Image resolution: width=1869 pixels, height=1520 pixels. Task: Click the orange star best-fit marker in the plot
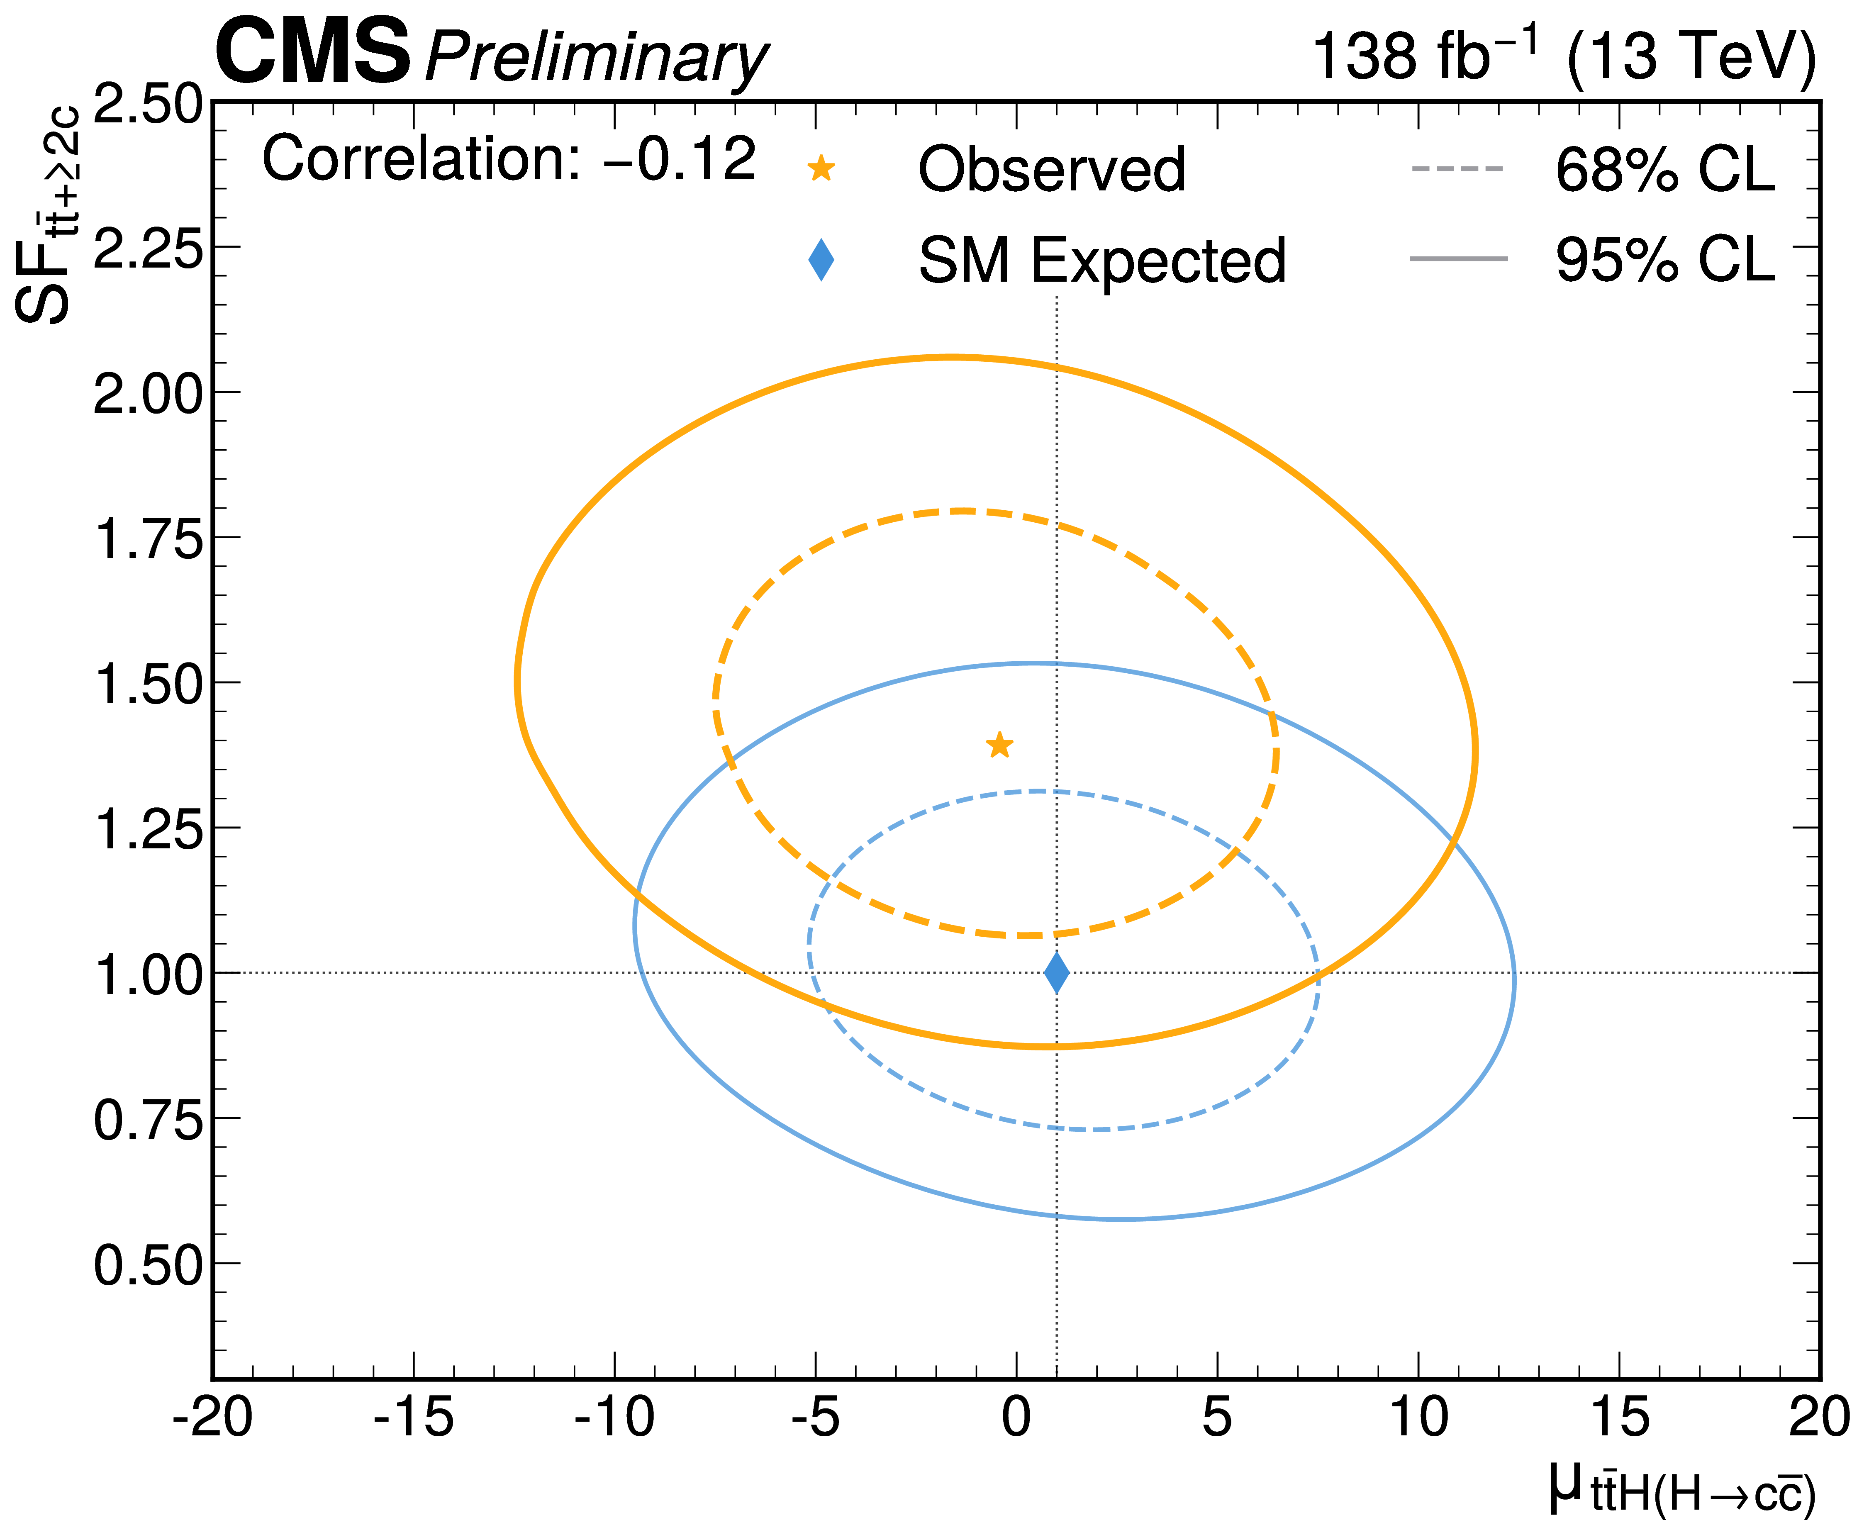tap(999, 745)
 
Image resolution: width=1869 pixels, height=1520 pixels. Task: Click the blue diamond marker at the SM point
tap(1057, 973)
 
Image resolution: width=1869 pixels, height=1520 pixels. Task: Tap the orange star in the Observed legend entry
tap(821, 168)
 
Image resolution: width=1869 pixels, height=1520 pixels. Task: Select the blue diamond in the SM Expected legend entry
tap(821, 260)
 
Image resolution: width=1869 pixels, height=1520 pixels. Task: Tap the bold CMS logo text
tap(312, 53)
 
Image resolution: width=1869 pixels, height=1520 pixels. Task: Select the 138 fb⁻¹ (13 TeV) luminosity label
tap(1562, 56)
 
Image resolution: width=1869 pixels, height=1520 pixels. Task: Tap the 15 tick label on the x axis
tap(1619, 1418)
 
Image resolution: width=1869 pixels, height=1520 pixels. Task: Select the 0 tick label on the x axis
tap(1016, 1418)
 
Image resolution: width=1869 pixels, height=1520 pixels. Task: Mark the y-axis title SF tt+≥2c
tap(48, 214)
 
